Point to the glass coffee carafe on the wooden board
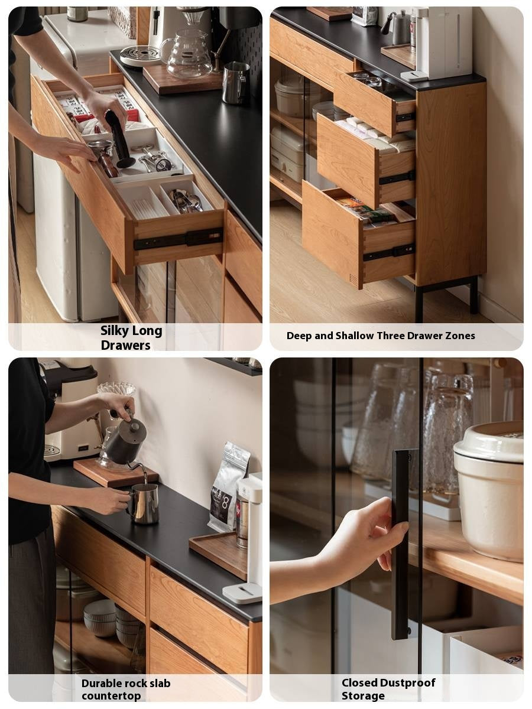[187, 53]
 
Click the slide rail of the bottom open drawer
[389, 252]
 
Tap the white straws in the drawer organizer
[148, 206]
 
